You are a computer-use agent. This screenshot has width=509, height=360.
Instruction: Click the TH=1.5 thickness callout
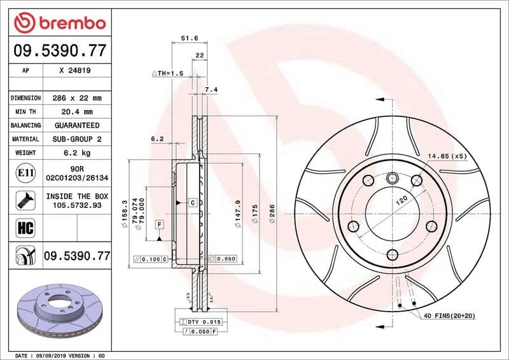167,74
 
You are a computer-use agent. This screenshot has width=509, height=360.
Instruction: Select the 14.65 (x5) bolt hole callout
447,156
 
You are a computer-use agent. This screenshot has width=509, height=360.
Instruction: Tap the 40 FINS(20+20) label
449,316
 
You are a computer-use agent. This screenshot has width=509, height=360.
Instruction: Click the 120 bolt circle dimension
401,202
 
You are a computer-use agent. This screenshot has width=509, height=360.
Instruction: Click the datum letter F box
158,225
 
